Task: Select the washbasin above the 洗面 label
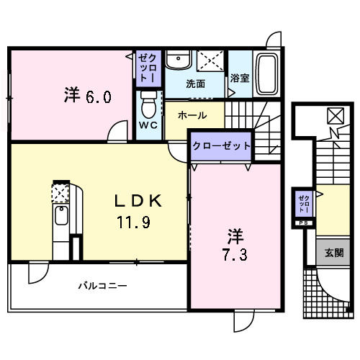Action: coord(177,61)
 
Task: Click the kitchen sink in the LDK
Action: coord(61,216)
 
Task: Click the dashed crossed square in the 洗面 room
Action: coord(211,59)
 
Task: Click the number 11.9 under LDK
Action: coord(135,222)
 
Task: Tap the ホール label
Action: coord(192,115)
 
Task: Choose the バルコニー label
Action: coord(102,286)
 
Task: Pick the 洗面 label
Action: coord(195,84)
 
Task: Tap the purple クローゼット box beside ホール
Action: coord(221,145)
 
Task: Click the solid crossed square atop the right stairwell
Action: coord(336,115)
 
